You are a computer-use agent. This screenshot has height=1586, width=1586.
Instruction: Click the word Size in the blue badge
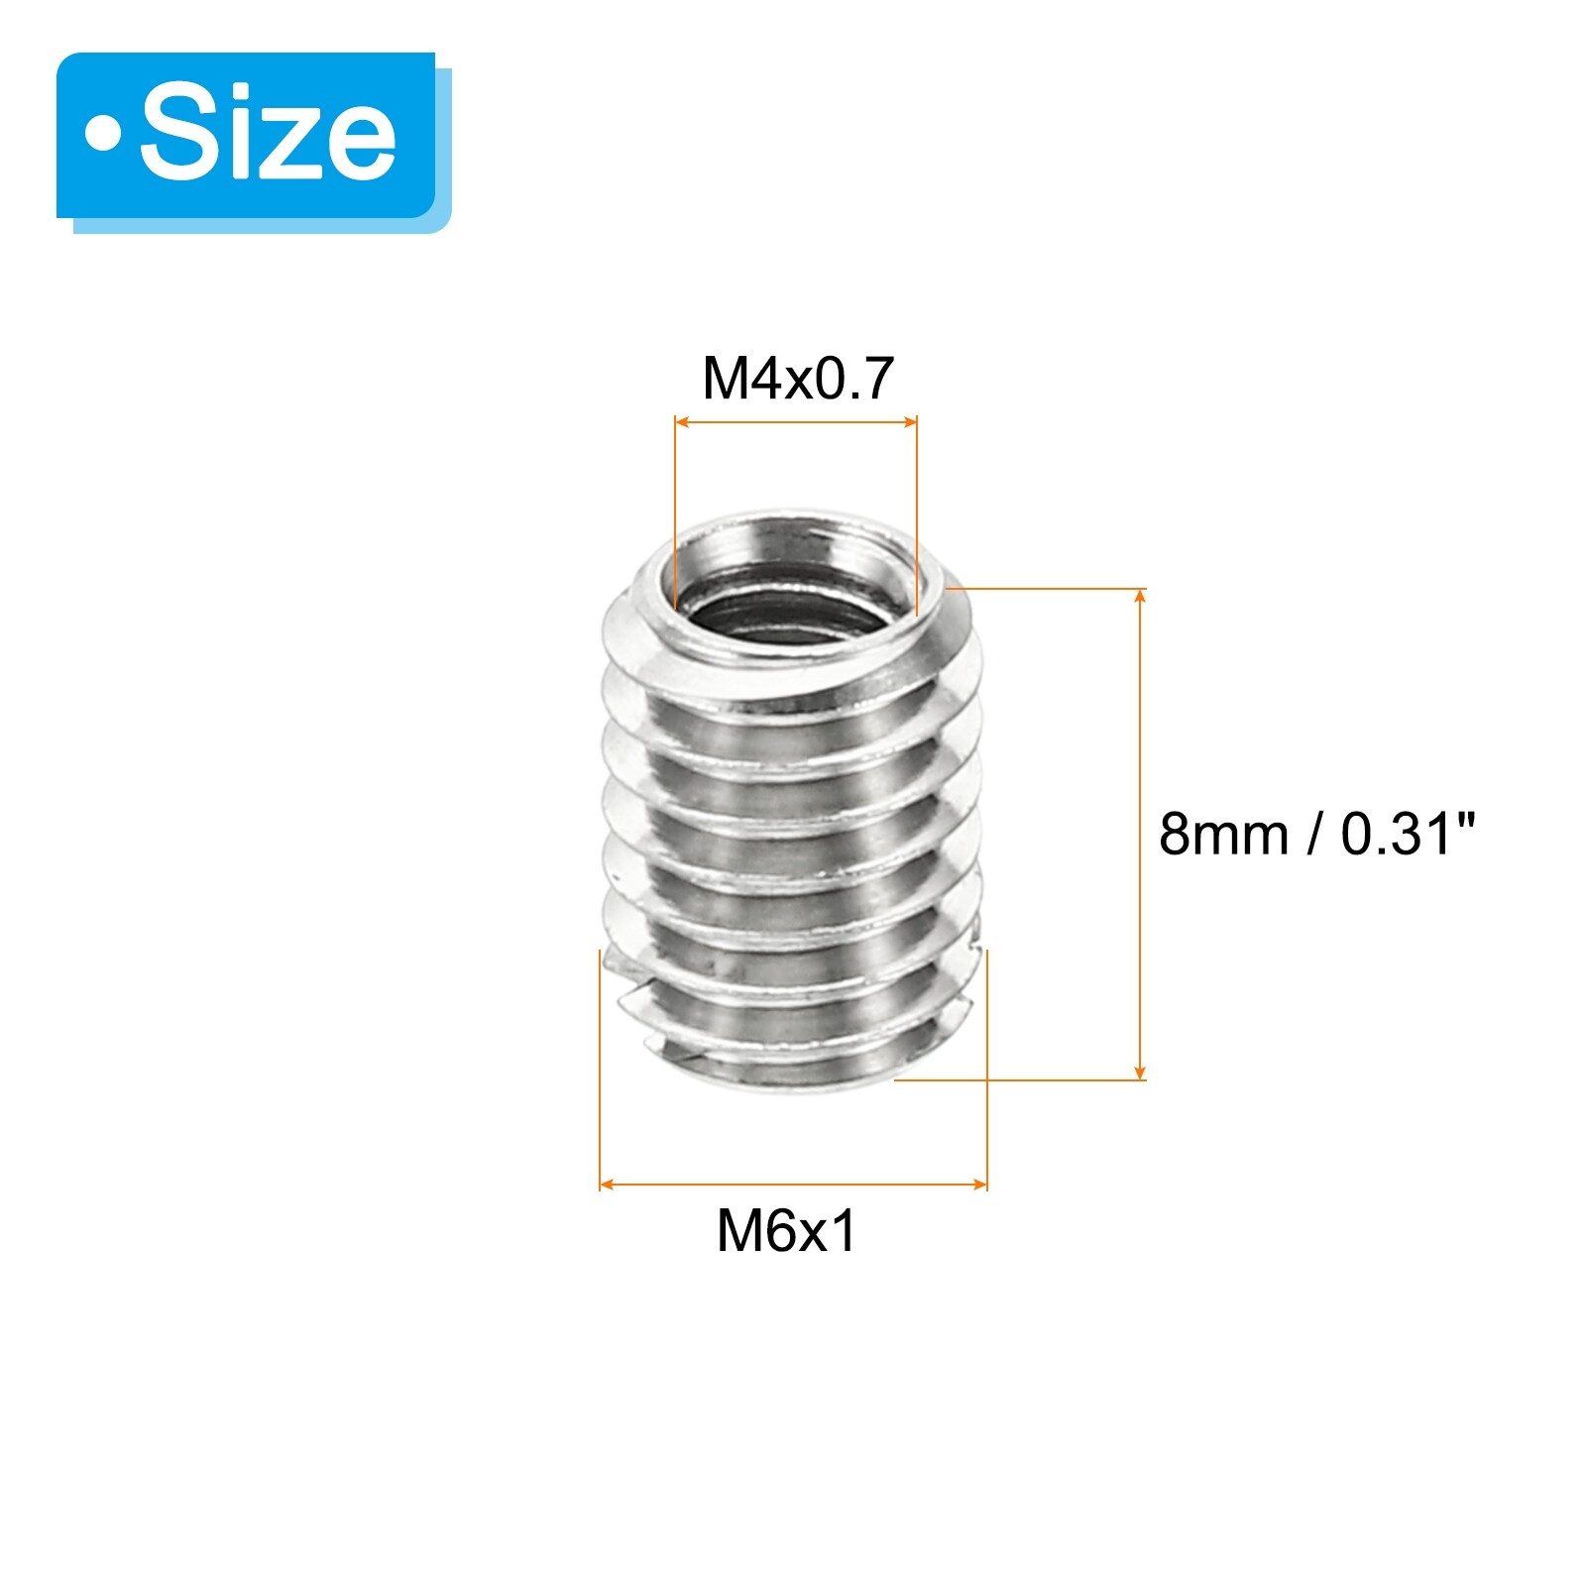click(x=268, y=134)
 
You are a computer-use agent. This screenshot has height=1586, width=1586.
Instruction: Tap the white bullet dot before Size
click(x=102, y=134)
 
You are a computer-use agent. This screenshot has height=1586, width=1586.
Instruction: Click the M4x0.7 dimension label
click(x=797, y=378)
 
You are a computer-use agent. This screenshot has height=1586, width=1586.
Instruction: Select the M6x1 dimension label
click(x=786, y=1231)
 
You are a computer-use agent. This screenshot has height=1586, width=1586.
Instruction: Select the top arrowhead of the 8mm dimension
click(x=1140, y=595)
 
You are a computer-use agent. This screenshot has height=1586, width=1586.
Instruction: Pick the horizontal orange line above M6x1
click(x=793, y=1185)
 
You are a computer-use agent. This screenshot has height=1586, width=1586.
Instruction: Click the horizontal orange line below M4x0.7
click(x=796, y=422)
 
